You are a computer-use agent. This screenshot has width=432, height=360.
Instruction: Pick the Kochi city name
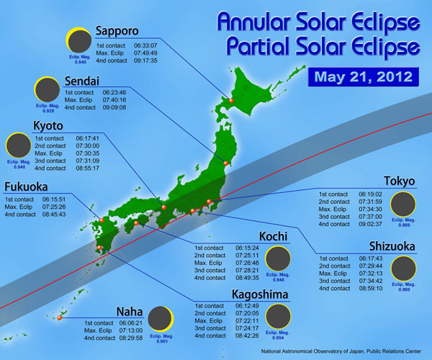coord(273,236)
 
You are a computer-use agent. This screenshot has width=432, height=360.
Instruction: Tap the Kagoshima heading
coord(261,294)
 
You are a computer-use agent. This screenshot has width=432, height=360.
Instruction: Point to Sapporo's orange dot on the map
coord(232,100)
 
